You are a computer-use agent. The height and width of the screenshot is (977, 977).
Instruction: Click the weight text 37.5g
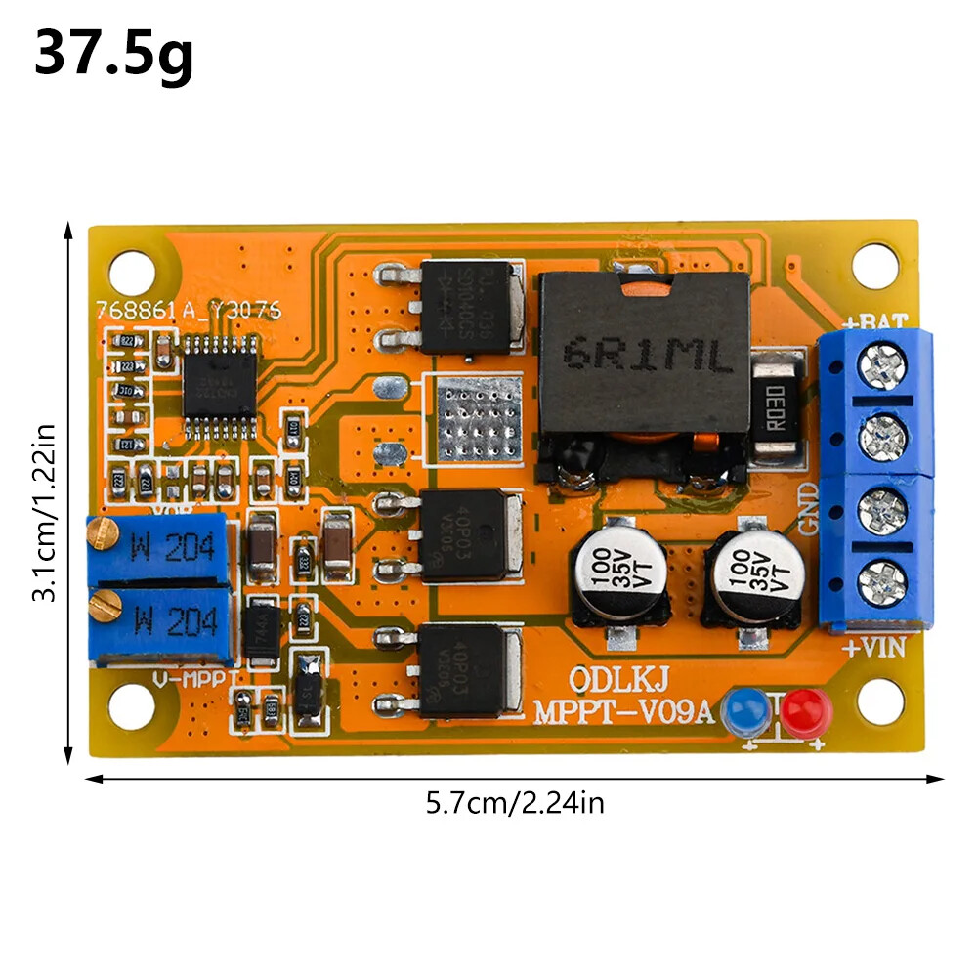(113, 55)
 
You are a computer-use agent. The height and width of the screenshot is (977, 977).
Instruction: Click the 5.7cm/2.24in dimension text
(515, 804)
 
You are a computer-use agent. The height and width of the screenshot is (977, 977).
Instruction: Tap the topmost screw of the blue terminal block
(880, 367)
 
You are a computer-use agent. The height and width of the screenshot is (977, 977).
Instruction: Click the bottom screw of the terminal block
(881, 583)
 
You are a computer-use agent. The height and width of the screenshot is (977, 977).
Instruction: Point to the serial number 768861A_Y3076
(188, 310)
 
